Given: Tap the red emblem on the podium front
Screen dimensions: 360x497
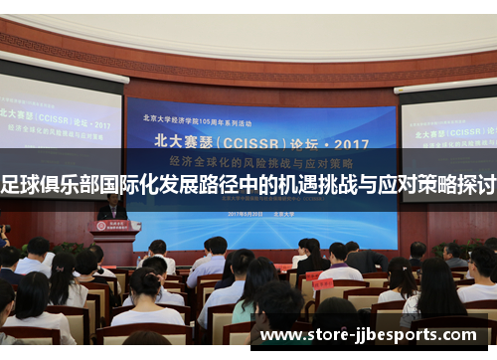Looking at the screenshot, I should [115, 226].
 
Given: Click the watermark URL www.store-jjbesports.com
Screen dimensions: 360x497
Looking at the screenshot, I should [375, 334].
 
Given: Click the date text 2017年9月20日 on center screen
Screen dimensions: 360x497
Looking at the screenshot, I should [245, 214].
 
